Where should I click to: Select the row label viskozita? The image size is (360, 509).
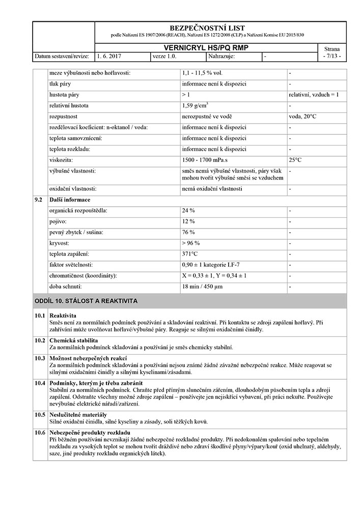[60, 160]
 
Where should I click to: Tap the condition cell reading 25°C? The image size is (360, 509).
[295, 160]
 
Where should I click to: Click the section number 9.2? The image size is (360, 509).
[38, 200]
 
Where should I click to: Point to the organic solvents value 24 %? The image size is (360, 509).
[188, 210]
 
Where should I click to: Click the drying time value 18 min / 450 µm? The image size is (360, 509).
[202, 287]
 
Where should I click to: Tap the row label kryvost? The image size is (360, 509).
[60, 243]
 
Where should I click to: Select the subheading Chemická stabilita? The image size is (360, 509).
[74, 340]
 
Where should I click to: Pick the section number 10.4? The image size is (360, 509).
[40, 383]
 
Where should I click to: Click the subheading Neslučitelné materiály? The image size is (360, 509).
[78, 415]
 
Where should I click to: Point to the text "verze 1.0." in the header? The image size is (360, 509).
[164, 56]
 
